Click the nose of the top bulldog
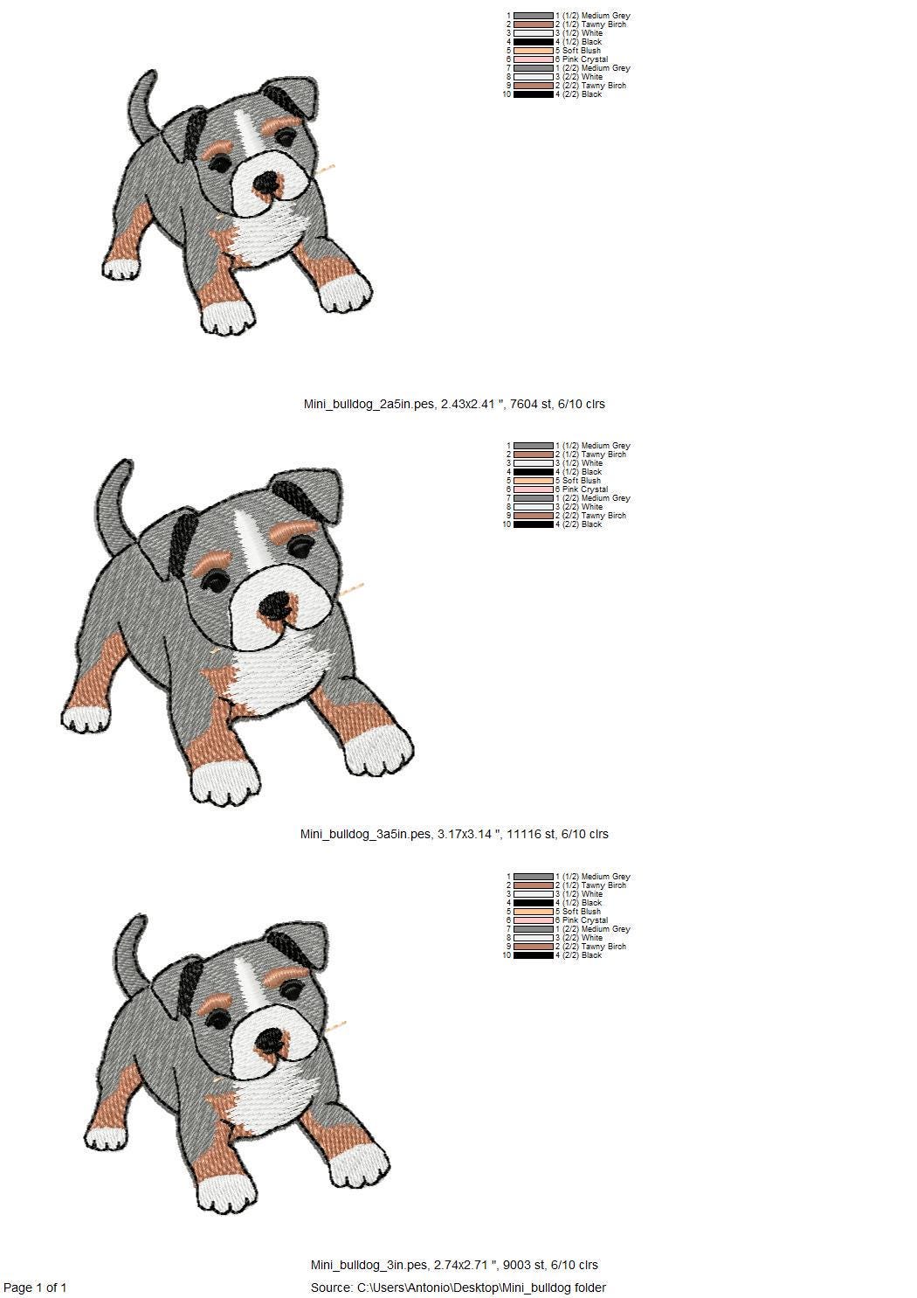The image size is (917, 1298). (x=266, y=183)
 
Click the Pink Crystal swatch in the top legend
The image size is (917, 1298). (x=534, y=59)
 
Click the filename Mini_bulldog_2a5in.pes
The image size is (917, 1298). (x=369, y=404)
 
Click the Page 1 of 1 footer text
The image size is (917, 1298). (x=35, y=1288)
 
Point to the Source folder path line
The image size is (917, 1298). (x=458, y=1288)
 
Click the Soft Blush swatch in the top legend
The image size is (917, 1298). (x=534, y=51)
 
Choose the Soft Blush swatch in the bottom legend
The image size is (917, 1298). (x=534, y=912)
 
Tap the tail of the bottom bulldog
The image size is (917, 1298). (x=130, y=950)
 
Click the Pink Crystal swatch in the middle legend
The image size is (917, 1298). (x=534, y=489)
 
